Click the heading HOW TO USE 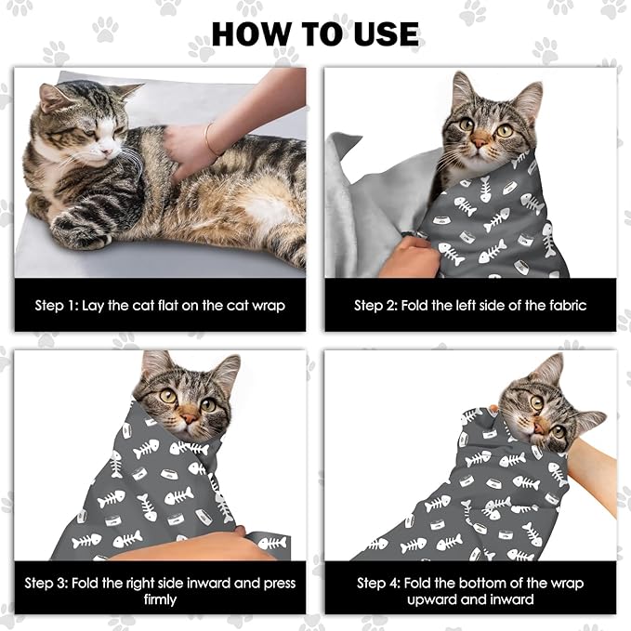pyautogui.click(x=315, y=33)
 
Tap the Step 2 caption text pyautogui.click(x=470, y=305)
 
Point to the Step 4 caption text pyautogui.click(x=470, y=584)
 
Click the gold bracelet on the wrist pyautogui.click(x=211, y=139)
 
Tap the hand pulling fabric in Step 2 pyautogui.click(x=409, y=256)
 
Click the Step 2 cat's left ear pyautogui.click(x=463, y=91)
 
